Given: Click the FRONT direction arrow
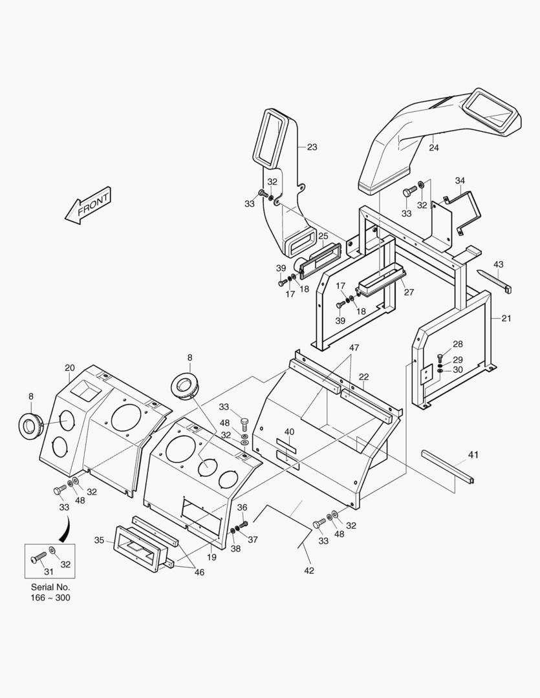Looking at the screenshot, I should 89,206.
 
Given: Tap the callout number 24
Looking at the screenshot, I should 433,148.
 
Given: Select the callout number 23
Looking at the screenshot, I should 312,147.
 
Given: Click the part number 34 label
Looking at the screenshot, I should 460,180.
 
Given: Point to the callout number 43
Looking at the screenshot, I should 498,264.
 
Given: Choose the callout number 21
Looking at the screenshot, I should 506,319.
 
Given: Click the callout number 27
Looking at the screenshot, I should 409,292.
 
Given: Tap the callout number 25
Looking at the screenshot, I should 323,236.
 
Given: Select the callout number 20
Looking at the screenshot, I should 70,368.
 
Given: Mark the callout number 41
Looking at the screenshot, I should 473,456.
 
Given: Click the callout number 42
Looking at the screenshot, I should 309,570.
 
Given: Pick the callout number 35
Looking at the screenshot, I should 99,540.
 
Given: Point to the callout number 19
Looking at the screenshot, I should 211,556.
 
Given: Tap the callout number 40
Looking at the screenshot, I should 288,432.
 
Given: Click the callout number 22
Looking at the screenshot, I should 363,377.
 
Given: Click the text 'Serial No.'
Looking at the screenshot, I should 50,587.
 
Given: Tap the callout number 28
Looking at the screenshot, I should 458,344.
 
